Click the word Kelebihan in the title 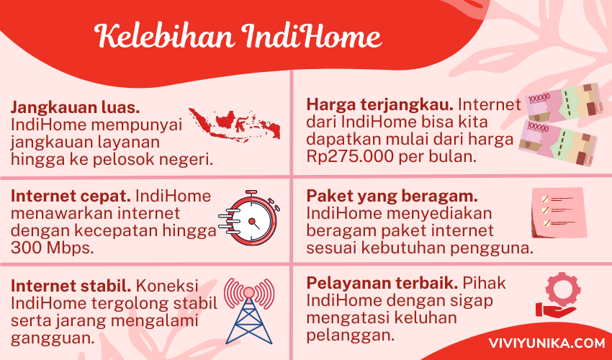(164, 36)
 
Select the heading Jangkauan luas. (76, 108)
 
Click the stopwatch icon (248, 217)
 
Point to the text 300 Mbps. (53, 248)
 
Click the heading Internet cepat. (71, 196)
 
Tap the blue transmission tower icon (249, 311)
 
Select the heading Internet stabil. (71, 287)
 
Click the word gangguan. (53, 338)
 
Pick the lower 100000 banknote (558, 143)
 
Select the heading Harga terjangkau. (380, 105)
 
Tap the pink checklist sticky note (559, 212)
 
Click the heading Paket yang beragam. (392, 197)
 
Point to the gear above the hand (563, 289)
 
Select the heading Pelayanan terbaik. (382, 283)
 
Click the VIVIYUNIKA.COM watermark (546, 343)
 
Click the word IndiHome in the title (311, 36)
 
